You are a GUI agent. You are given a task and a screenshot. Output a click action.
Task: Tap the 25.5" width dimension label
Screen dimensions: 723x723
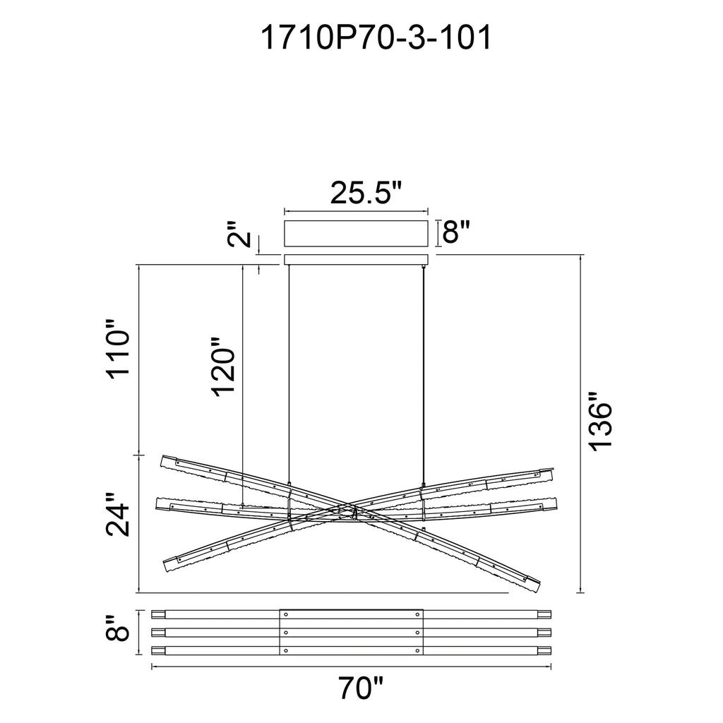[x=366, y=193]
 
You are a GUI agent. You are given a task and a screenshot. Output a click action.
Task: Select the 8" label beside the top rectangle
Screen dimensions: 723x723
[x=455, y=231]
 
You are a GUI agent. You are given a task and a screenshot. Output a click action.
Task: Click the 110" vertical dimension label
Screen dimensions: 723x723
[x=117, y=352]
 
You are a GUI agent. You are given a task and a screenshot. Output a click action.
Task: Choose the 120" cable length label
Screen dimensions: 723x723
[x=224, y=371]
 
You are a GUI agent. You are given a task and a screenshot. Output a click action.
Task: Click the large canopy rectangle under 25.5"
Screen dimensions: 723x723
[x=356, y=232]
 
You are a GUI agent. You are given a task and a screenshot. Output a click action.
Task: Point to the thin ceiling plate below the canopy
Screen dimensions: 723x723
[x=356, y=259]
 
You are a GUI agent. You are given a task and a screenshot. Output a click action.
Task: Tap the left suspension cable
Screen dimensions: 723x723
[x=289, y=367]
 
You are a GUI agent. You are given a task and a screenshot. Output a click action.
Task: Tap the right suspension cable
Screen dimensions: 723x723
[x=423, y=367]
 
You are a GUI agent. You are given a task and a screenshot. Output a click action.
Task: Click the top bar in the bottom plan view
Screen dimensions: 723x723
[x=212, y=614]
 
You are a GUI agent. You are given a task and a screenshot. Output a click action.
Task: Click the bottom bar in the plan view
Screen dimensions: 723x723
[x=212, y=650]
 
